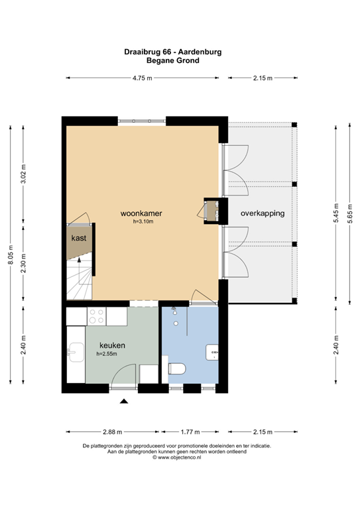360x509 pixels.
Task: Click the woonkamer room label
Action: pos(141,213)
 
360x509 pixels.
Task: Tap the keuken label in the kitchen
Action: pos(113,345)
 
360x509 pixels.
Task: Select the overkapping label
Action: pos(263,213)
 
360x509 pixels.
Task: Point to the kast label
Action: pos(80,237)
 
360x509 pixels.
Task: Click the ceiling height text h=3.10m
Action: pos(142,222)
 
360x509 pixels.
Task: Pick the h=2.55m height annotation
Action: pos(107,354)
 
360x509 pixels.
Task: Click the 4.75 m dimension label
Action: pos(141,78)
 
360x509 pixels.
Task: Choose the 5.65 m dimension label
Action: pos(351,214)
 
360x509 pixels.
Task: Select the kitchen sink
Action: pos(76,354)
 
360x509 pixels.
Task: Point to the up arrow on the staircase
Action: pos(80,262)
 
